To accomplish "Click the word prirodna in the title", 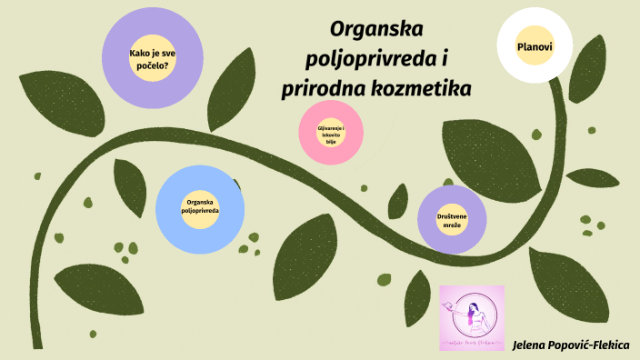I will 319,90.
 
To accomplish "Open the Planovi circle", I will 535,46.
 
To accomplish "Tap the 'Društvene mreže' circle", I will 452,219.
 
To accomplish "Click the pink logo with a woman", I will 471,317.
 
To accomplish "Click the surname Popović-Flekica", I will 596,345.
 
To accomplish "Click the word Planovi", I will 535,46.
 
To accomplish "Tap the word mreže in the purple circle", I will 452,225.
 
